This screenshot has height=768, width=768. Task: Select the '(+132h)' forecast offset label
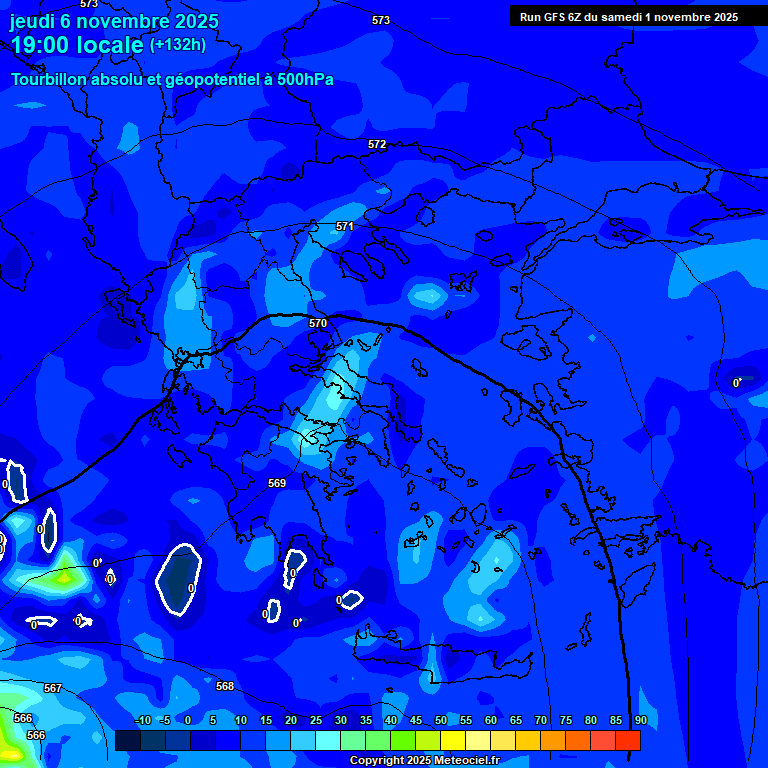(178, 45)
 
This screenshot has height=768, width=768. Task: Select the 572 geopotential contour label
(377, 145)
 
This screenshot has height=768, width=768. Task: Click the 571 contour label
(345, 227)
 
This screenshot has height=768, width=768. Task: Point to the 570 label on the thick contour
(318, 324)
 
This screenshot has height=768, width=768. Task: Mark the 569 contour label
(277, 483)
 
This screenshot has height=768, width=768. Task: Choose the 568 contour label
(225, 686)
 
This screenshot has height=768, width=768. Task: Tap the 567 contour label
(53, 688)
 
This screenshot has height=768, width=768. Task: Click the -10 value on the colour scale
(143, 721)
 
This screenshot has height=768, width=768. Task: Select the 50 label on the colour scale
(441, 721)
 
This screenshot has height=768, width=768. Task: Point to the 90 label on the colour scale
(640, 721)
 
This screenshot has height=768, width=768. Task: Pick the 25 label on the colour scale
(316, 721)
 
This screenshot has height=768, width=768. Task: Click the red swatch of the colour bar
(628, 740)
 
